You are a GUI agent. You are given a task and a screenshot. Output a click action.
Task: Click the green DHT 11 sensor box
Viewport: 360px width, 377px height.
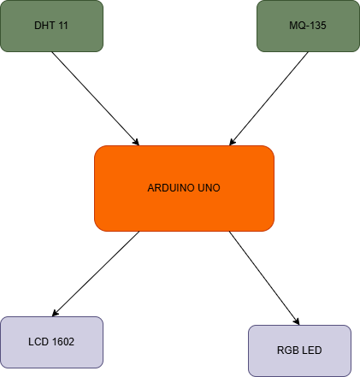(51, 26)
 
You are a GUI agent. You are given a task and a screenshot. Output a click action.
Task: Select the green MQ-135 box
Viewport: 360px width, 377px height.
(308, 26)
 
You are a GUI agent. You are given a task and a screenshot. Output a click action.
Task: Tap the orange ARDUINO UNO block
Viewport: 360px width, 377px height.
(184, 188)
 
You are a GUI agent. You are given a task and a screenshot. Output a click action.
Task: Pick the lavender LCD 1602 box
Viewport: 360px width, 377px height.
(51, 342)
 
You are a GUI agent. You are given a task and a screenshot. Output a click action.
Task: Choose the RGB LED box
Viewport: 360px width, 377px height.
(299, 350)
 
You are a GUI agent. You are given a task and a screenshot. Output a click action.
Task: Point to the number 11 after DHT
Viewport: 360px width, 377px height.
(62, 27)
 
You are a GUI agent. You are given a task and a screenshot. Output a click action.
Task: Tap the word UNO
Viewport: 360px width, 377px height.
(208, 188)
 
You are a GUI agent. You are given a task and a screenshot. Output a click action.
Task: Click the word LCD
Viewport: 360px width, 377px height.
(38, 342)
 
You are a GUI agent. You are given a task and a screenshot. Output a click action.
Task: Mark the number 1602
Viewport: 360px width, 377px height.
(62, 342)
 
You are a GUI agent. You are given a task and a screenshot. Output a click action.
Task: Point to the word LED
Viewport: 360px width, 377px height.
(311, 350)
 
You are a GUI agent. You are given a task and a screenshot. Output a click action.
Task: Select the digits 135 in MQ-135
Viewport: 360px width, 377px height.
(317, 27)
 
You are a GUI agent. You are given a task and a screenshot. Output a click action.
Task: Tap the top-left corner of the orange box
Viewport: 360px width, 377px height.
(97, 148)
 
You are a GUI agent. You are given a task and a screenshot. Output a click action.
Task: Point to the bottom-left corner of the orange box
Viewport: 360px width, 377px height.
(97, 228)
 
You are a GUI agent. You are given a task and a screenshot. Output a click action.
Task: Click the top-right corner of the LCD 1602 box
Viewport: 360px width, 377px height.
(101, 319)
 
